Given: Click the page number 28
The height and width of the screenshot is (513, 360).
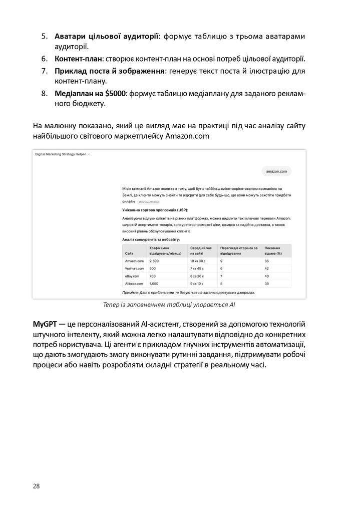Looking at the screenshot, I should click(x=36, y=486).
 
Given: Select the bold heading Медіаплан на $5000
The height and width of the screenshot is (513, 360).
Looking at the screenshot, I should click(x=91, y=94).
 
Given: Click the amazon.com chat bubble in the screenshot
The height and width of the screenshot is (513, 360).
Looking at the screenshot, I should click(x=276, y=171).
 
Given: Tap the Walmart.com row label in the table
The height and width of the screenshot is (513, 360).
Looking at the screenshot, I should click(x=134, y=269).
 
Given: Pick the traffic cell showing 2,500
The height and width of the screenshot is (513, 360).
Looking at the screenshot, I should click(x=154, y=261).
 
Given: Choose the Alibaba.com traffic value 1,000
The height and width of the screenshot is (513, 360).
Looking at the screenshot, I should click(x=154, y=284).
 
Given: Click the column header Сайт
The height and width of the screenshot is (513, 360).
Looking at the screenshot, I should click(x=129, y=254).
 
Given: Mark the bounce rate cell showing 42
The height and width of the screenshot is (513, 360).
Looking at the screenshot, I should click(x=267, y=269).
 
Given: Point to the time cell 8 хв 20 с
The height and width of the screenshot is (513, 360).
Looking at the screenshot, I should click(x=198, y=276).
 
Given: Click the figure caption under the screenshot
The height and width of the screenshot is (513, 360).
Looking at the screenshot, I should click(x=169, y=304).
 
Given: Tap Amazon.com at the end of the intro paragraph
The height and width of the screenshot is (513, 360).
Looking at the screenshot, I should click(x=187, y=136).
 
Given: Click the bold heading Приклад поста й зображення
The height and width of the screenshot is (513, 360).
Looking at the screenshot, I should click(x=110, y=71).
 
